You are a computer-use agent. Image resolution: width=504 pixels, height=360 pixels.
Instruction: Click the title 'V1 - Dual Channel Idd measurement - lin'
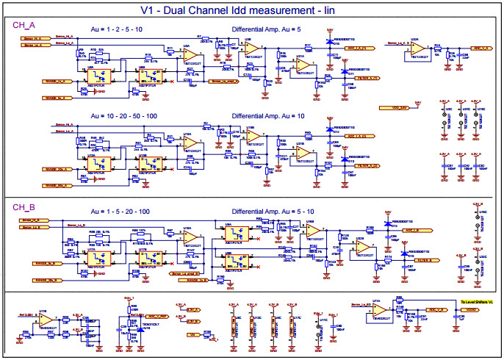click(251, 10)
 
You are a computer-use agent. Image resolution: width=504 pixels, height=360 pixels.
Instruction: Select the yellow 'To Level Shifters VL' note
click(477, 301)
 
